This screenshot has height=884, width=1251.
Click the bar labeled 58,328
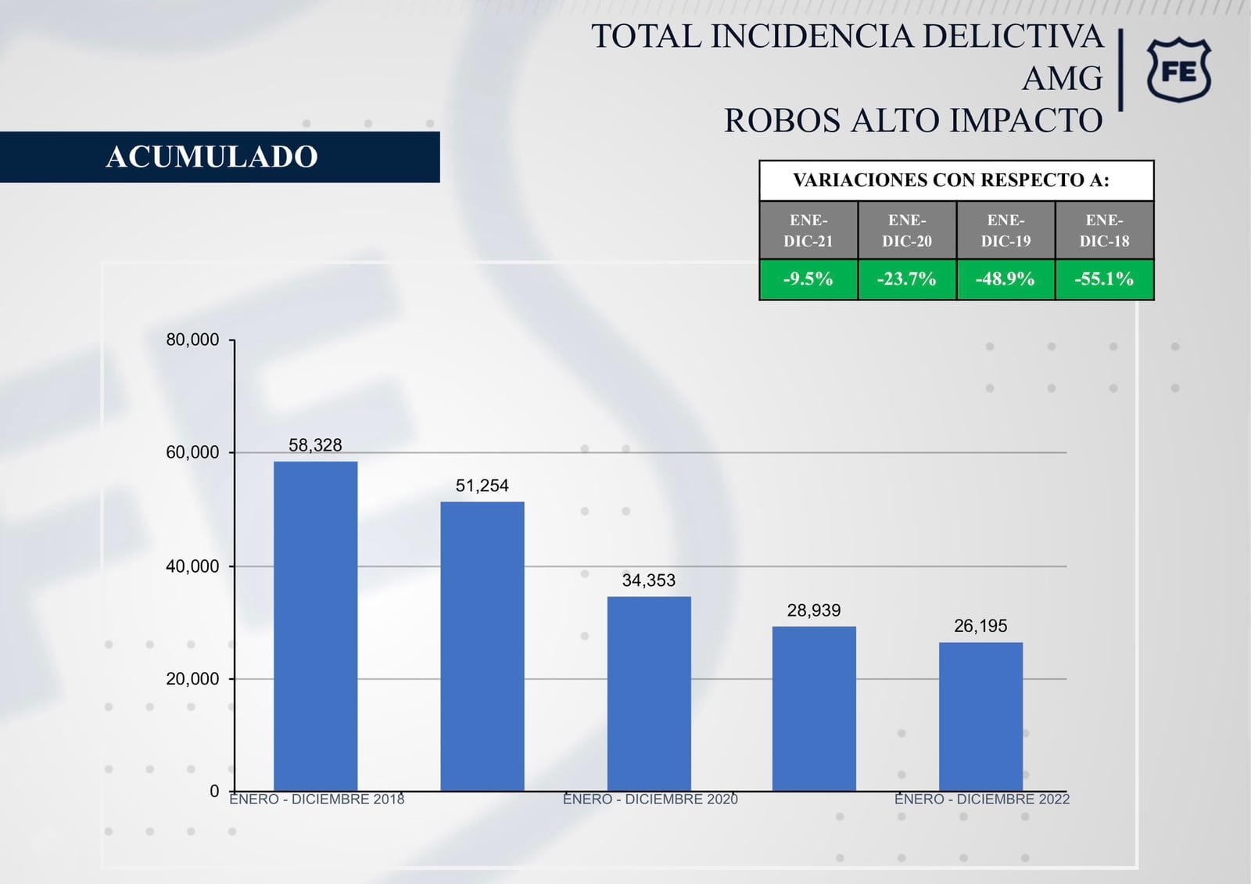315,626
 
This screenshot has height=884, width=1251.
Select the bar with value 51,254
482,646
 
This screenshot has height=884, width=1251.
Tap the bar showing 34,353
649,694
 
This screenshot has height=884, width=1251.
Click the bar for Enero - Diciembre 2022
980,717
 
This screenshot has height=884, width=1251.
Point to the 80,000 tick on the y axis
192,340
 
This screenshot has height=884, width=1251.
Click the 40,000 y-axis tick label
192,566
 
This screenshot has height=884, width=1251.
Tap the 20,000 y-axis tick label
192,679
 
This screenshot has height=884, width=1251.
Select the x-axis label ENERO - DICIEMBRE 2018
317,800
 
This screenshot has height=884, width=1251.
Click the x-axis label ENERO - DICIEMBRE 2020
650,800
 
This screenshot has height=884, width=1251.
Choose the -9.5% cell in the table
808,279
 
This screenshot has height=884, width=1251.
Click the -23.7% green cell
907,279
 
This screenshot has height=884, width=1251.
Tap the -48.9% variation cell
1005,279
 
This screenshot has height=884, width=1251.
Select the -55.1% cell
1104,279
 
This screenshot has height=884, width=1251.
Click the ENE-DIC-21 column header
808,231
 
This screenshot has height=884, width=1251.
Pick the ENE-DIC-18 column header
1104,231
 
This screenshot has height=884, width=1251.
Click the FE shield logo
1179,70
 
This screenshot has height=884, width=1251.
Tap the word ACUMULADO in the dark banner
212,157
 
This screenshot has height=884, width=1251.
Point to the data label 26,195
980,626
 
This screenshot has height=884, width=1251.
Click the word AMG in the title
1062,79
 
